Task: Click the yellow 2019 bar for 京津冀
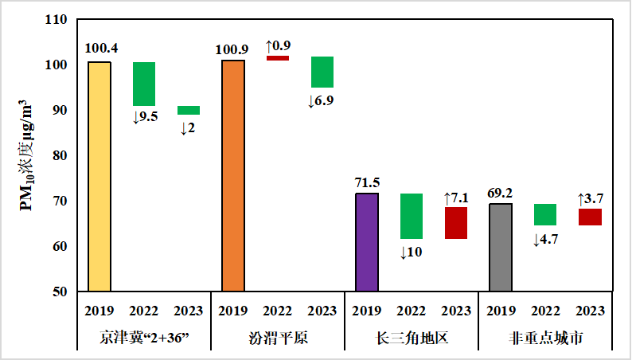pos(99,177)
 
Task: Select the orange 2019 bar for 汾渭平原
pos(233,176)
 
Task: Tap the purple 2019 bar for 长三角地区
pos(367,242)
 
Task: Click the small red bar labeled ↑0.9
pos(278,58)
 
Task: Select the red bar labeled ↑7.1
pos(456,223)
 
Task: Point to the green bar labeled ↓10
pos(412,216)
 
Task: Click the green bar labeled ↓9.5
pos(144,84)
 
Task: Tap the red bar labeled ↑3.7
pos(590,217)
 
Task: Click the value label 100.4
pos(99,49)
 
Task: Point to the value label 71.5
pos(367,182)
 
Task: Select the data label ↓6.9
pos(321,101)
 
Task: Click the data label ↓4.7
pos(546,238)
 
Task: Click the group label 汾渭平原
pos(278,338)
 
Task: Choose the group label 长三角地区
pos(412,338)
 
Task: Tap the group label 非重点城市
pos(545,338)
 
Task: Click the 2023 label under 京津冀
pos(189,311)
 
